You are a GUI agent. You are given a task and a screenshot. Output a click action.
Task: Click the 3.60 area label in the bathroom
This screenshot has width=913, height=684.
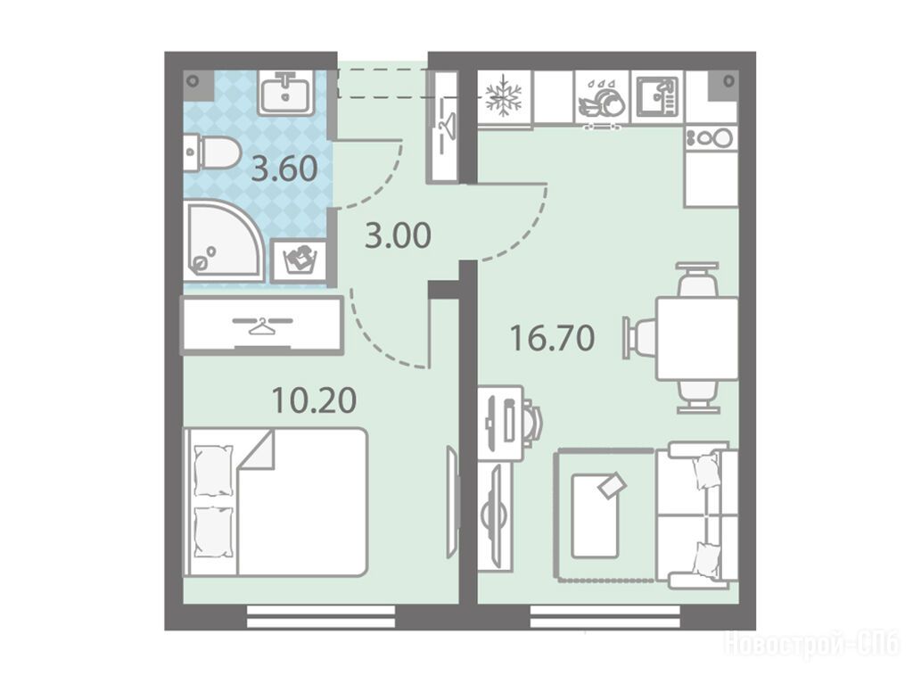click(x=284, y=169)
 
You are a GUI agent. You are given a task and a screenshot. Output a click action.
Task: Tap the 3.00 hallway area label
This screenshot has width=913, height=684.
click(x=399, y=236)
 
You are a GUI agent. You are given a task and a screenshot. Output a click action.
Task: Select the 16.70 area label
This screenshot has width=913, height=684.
click(x=552, y=339)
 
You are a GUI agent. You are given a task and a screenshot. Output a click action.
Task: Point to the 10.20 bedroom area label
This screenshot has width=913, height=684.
click(x=315, y=400)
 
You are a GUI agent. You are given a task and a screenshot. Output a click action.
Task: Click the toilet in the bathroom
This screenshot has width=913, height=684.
click(x=211, y=153)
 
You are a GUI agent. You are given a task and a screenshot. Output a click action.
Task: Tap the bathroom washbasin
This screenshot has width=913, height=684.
click(x=286, y=93)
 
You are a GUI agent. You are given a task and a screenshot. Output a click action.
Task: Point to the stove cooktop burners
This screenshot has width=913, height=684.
click(x=711, y=138)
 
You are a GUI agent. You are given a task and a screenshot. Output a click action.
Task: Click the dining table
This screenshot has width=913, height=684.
click(x=697, y=339)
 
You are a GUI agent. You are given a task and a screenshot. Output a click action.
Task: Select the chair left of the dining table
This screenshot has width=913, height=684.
click(x=640, y=337)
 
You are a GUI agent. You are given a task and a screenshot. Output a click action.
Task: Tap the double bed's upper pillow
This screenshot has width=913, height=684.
click(x=213, y=471)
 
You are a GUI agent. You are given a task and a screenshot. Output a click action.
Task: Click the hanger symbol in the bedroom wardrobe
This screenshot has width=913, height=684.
click(x=262, y=325)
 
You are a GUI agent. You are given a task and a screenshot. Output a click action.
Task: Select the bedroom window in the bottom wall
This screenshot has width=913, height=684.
click(x=321, y=616)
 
